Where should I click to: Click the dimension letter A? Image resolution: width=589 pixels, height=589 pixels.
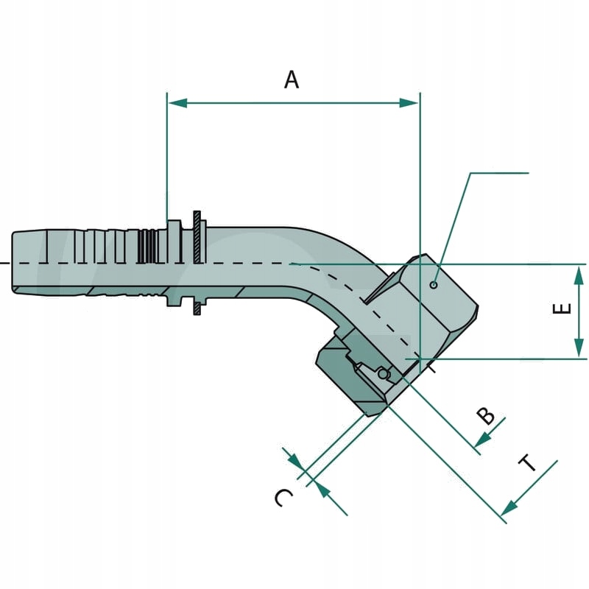[292, 80]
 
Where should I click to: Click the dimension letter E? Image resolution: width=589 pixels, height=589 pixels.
[562, 308]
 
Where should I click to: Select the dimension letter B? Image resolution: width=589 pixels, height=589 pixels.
[486, 417]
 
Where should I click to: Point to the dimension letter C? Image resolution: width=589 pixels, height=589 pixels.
[283, 498]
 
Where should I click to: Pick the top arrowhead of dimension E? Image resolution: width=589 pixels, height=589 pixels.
[580, 274]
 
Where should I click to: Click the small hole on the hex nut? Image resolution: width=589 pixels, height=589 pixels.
[434, 285]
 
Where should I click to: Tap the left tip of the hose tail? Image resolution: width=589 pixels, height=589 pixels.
[13, 263]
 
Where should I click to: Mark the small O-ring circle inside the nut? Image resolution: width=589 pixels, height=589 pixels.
[383, 374]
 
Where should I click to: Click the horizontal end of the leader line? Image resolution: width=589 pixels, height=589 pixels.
[527, 174]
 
